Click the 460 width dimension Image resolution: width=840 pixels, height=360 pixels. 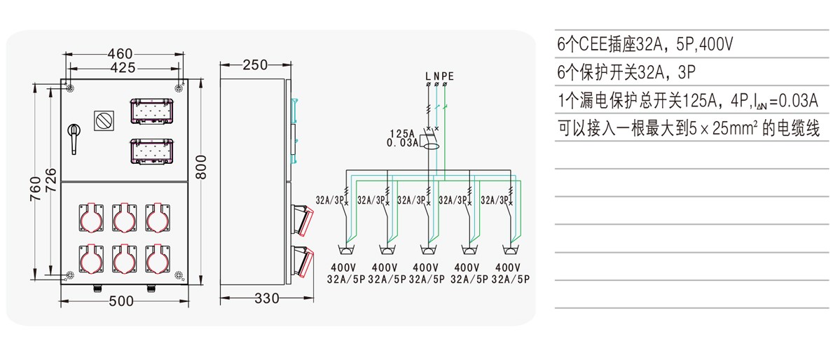click(120, 54)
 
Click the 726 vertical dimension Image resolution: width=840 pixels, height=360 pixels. click(50, 182)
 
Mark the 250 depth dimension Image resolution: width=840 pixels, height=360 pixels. click(255, 65)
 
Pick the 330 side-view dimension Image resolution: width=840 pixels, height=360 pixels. click(267, 299)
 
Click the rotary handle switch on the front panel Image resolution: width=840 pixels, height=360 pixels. click(74, 138)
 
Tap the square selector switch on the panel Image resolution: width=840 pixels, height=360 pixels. click(104, 120)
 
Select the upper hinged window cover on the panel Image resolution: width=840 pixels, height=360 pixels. click(152, 111)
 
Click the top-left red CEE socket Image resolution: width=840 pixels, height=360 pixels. click(91, 218)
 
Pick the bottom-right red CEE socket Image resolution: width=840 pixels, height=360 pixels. click(158, 259)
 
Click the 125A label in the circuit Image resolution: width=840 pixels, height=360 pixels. click(402, 133)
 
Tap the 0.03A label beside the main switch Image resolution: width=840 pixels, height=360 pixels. click(402, 143)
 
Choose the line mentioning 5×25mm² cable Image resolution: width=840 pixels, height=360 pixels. click(689, 129)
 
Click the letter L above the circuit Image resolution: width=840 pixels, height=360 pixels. click(428, 76)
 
